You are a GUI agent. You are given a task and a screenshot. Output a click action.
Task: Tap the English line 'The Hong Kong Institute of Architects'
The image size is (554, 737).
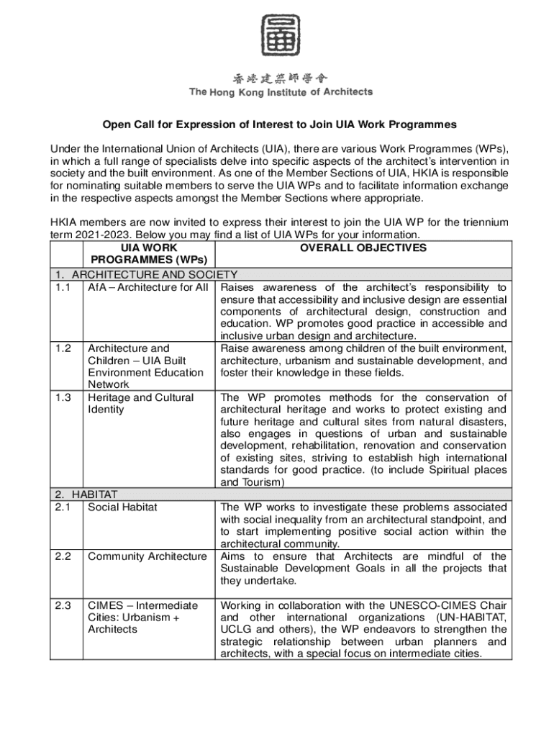coord(281,92)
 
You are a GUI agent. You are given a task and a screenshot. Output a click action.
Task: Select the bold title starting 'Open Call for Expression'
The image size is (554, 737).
coord(279,125)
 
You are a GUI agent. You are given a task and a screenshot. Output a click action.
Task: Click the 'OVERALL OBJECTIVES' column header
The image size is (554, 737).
coord(363,248)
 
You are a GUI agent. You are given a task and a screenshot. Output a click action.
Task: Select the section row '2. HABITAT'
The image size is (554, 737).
coord(86,494)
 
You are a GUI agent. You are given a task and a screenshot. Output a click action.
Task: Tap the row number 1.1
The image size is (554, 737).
coord(63,288)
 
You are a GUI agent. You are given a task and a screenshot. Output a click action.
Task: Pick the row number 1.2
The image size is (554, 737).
coord(63,348)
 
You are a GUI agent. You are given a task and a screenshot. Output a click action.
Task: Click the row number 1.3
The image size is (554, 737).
coord(63,397)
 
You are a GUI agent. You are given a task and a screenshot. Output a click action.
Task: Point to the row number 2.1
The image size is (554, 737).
coord(63,507)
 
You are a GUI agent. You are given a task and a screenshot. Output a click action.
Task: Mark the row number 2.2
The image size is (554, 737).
coord(63,556)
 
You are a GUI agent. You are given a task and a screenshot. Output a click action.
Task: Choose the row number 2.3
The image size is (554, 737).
coord(63,605)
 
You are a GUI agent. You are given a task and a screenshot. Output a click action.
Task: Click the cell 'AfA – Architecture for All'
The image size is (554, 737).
coord(147,288)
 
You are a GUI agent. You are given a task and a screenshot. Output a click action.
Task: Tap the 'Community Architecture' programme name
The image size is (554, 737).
coord(147,556)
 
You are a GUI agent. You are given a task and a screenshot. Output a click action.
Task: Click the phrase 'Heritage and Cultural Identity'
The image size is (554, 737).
coord(140,403)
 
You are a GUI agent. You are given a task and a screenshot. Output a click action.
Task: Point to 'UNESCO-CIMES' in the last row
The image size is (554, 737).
coord(439,605)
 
